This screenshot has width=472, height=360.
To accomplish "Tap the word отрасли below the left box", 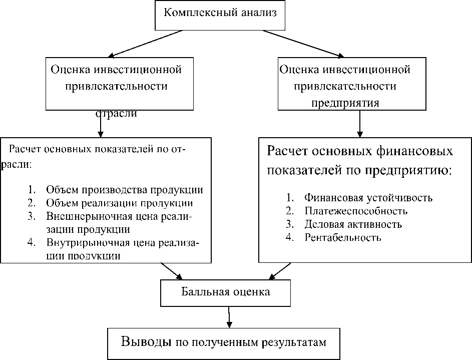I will pos(116,114).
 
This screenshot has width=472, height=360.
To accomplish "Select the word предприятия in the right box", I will pos(345,103).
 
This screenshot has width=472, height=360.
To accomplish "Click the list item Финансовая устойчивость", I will pos(368,197).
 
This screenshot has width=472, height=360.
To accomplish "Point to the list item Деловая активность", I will pos(353,224).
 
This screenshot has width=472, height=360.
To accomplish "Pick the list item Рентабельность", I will pos(343,237).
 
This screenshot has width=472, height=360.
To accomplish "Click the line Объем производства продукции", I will pos(124,190).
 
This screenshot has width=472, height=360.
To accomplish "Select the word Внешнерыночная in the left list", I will pos(79,216).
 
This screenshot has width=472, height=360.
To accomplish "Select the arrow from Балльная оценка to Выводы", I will pos(228,317).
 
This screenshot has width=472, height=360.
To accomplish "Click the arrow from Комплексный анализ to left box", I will pos(145,44).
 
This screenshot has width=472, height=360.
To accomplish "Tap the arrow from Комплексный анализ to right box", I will pos(303,44).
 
